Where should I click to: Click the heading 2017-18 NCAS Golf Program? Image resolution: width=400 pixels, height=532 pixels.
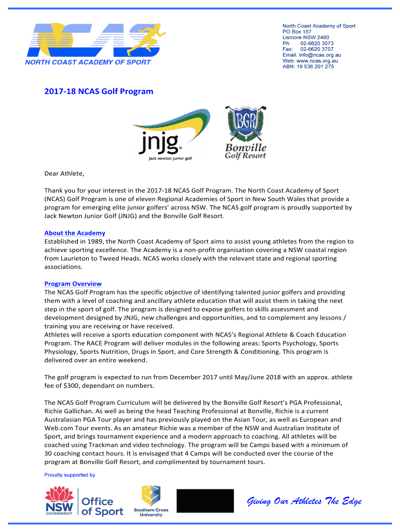[99, 91]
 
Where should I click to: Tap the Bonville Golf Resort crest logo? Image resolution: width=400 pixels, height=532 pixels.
[245, 132]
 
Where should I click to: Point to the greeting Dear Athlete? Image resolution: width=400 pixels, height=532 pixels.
[64, 174]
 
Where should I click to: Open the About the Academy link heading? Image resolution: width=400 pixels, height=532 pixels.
[75, 233]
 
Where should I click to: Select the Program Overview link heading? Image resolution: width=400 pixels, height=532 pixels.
[73, 284]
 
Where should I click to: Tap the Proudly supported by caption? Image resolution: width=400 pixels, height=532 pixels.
[70, 475]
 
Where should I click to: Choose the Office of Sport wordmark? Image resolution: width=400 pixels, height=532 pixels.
[102, 506]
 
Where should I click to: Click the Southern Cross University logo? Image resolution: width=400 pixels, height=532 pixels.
[151, 501]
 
